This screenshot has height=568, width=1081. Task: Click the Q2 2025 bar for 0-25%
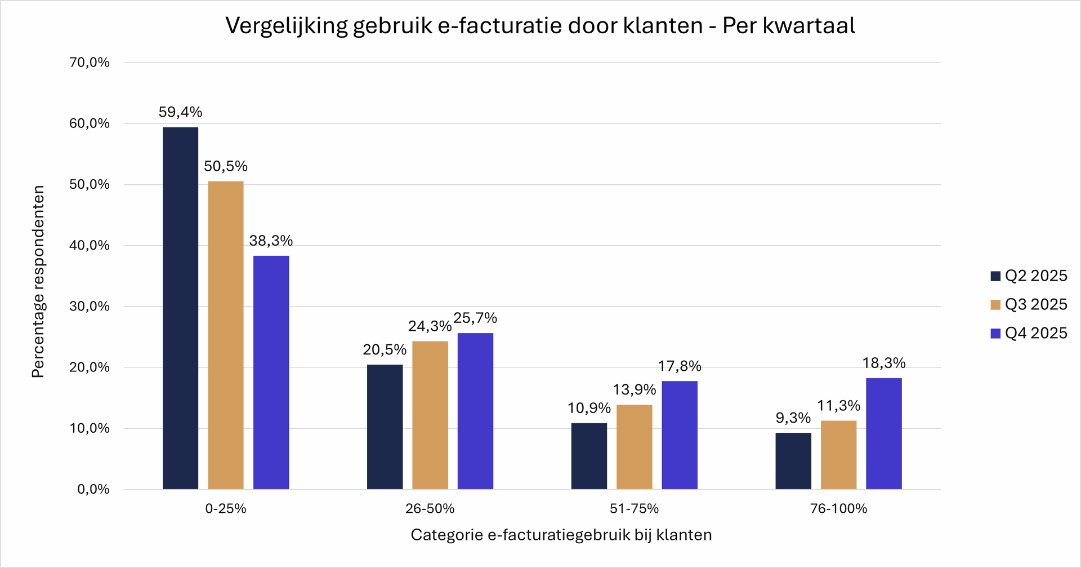click(180, 308)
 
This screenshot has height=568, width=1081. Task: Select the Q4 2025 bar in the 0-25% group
click(271, 372)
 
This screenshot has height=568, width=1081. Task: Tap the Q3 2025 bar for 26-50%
click(430, 415)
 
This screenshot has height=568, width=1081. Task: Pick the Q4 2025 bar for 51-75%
click(680, 435)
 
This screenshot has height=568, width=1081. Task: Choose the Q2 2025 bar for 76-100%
click(793, 461)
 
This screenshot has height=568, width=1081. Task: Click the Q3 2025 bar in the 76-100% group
click(838, 455)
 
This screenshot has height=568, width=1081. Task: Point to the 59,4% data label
click(180, 112)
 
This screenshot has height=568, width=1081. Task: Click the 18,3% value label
click(884, 363)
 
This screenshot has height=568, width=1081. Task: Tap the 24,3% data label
click(430, 326)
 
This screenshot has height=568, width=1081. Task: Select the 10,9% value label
click(589, 408)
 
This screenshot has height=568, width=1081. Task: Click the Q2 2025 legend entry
click(1029, 276)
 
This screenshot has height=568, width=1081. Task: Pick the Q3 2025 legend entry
click(1029, 304)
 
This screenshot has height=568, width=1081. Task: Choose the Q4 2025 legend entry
click(1029, 333)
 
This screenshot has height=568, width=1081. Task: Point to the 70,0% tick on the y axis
click(90, 63)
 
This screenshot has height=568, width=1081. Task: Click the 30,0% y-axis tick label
click(90, 307)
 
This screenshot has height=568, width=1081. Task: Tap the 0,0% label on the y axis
click(93, 489)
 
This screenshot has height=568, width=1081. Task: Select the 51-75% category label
click(634, 509)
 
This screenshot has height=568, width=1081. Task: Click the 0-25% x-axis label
click(226, 509)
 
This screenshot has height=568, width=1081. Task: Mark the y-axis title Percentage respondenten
click(38, 282)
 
